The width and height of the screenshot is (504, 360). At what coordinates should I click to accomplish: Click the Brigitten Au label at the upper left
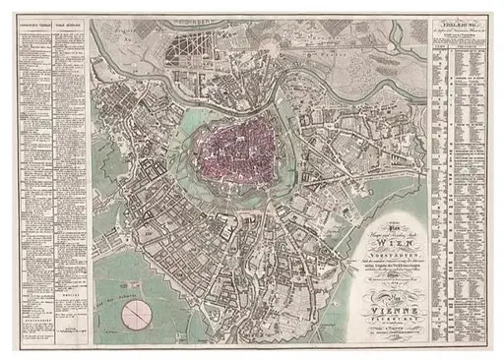(157, 30)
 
